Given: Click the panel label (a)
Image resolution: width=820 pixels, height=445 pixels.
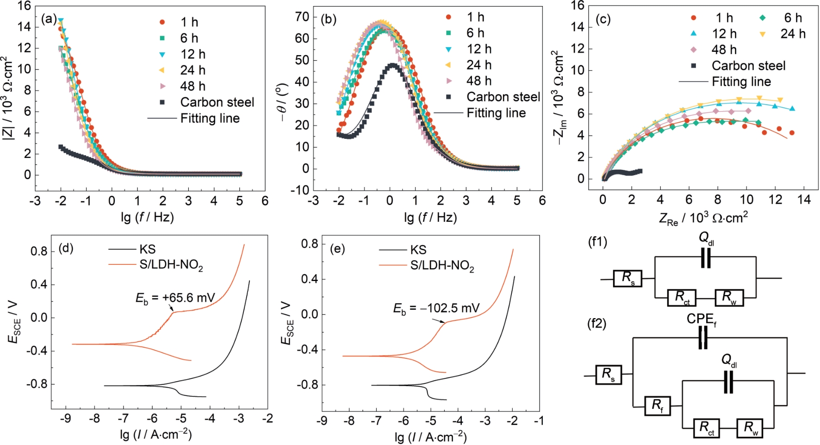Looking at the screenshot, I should point(49,19).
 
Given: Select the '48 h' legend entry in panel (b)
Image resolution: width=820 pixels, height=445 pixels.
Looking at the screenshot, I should point(478,81).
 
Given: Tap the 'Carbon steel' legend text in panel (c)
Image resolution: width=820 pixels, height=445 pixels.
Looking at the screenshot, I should point(748,66).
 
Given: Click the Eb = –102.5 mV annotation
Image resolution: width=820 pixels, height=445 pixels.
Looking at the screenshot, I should point(436,308).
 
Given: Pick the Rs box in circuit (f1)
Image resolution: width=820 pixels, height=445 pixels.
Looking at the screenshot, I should point(627,278).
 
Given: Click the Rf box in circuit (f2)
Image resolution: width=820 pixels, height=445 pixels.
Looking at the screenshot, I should point(658,406).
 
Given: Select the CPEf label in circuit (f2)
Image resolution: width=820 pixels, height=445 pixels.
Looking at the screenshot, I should point(701,320).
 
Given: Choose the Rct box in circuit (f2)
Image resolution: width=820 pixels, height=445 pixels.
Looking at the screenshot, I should point(707,428).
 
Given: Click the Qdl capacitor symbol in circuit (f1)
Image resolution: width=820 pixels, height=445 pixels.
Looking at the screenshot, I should point(705,258).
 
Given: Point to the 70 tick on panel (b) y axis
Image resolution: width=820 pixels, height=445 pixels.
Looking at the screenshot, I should point(302,17).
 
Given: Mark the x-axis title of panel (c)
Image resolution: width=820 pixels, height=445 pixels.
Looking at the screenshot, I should point(703,218).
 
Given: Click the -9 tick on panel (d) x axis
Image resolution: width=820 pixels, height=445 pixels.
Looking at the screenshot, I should point(66,419).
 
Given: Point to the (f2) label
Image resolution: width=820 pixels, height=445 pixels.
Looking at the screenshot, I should point(597,323).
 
